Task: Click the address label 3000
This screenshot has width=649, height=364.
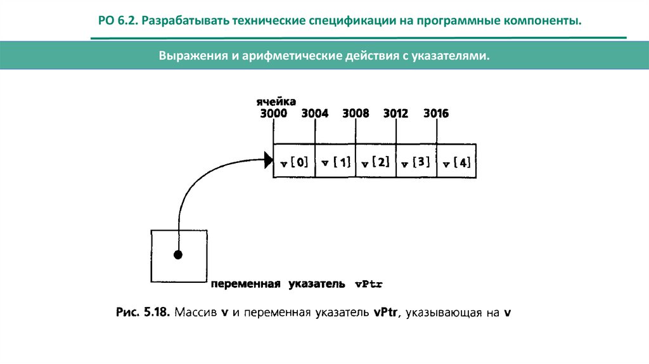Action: pyautogui.click(x=273, y=114)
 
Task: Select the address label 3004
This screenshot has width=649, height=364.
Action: pyautogui.click(x=314, y=114)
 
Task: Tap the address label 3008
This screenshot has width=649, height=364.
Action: pyautogui.click(x=356, y=114)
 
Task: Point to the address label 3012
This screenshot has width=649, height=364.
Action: pyautogui.click(x=396, y=114)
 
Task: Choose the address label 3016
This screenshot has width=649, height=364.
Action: pyautogui.click(x=436, y=114)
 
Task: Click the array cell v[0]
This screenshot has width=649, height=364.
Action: pyautogui.click(x=293, y=162)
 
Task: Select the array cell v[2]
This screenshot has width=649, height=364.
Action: pyautogui.click(x=376, y=162)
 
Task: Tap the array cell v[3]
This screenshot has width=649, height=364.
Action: pyautogui.click(x=416, y=162)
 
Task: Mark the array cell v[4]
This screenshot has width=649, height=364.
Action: pyautogui.click(x=457, y=162)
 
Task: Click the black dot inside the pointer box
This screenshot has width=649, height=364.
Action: pyautogui.click(x=178, y=255)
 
